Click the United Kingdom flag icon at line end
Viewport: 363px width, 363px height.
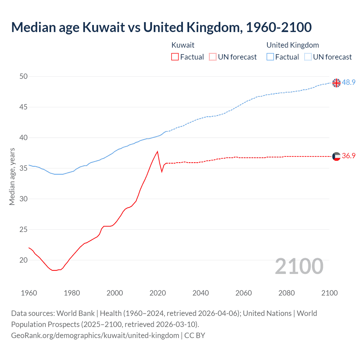coord(336,83)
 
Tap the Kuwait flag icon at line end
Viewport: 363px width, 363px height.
coord(336,156)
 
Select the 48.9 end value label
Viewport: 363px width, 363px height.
coord(349,82)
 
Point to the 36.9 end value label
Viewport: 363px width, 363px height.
coord(349,156)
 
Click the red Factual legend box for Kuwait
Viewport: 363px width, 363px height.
coord(175,57)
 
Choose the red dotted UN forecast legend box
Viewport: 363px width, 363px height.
coord(213,57)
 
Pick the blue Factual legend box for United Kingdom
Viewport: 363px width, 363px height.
coord(270,57)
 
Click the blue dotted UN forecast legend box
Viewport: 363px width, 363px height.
coord(308,57)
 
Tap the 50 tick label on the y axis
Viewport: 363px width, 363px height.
coord(24,76)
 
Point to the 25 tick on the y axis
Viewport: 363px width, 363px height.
coord(24,229)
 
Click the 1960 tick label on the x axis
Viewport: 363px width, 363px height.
coord(29,293)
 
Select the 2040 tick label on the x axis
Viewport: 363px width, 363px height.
coord(201,293)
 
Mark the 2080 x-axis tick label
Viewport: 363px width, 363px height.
coord(286,293)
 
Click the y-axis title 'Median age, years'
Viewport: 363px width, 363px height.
coord(12,176)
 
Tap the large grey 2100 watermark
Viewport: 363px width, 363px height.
coord(299,266)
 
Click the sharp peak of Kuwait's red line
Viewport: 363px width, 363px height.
coord(157,151)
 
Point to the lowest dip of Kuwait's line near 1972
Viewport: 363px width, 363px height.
coord(54,270)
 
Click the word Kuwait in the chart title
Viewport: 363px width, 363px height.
coord(104,27)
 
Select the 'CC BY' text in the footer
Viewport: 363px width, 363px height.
coord(195,335)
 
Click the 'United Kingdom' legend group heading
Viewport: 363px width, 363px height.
coord(293,45)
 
